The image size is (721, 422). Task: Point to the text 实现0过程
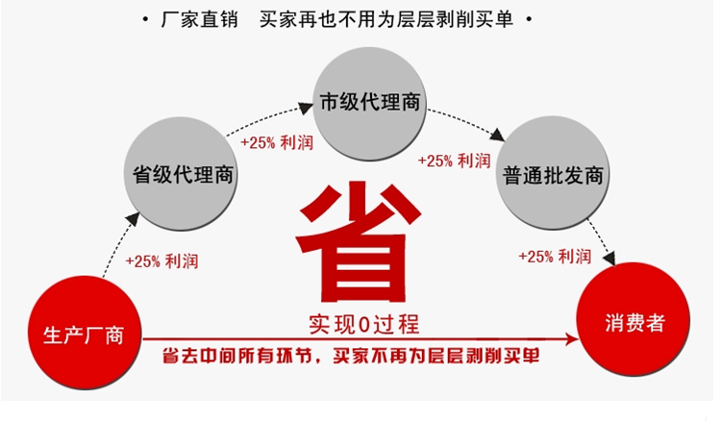363,321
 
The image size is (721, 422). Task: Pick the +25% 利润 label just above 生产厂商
162,261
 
